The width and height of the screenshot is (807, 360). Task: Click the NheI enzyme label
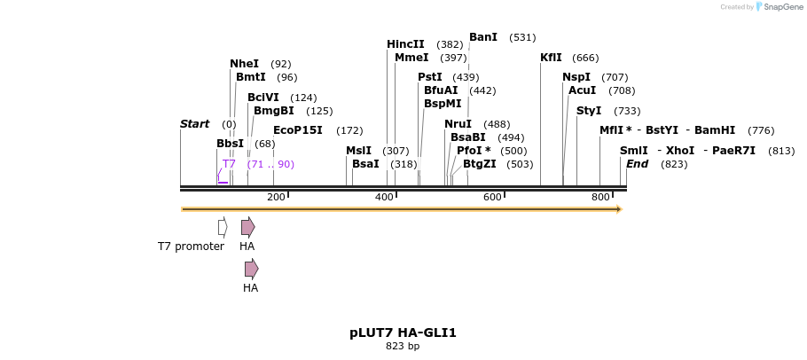[x=244, y=64]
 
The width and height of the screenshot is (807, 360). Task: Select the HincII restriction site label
[x=405, y=44]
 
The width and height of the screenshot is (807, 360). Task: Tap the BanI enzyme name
[x=483, y=37]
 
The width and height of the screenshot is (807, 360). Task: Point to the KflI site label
[x=551, y=58]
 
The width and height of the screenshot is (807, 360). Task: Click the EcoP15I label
[x=298, y=130]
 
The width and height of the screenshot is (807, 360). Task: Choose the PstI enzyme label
[x=430, y=77]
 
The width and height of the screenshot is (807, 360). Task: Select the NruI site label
[x=458, y=124]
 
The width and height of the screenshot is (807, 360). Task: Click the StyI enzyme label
[x=589, y=111]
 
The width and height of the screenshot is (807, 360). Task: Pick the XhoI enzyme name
[x=680, y=151]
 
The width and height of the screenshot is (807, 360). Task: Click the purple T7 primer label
[x=229, y=164]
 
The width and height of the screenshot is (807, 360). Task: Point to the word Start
[x=194, y=124]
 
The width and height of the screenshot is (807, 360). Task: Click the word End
[x=637, y=164]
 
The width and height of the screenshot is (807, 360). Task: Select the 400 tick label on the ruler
[x=384, y=197]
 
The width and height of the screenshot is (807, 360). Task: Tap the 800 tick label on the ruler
[x=600, y=197]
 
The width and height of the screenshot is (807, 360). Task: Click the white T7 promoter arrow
[x=223, y=227]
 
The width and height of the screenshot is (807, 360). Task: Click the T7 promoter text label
[x=191, y=247]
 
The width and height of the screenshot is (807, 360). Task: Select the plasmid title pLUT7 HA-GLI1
[x=403, y=333]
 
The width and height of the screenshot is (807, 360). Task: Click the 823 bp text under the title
[x=403, y=347]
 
